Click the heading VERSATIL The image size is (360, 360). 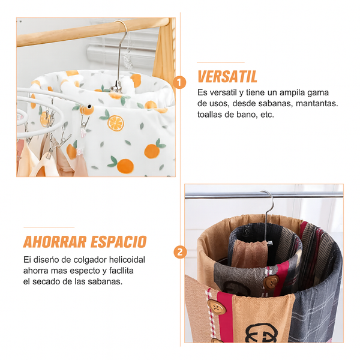(227, 76)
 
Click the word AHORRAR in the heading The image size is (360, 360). (55, 242)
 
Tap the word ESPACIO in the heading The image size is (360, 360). (118, 242)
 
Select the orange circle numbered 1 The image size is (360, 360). (179, 82)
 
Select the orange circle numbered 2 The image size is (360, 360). (180, 252)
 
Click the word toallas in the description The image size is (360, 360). (209, 115)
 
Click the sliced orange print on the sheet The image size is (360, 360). (116, 123)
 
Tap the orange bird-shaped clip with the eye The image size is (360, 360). (86, 110)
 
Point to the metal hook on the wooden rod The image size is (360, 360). (121, 55)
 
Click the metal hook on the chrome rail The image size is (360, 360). (266, 218)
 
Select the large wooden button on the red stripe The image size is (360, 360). (216, 307)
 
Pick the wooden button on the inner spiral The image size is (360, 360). (271, 283)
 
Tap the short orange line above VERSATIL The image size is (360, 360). (221, 62)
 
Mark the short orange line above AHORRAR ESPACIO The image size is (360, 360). (49, 227)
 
